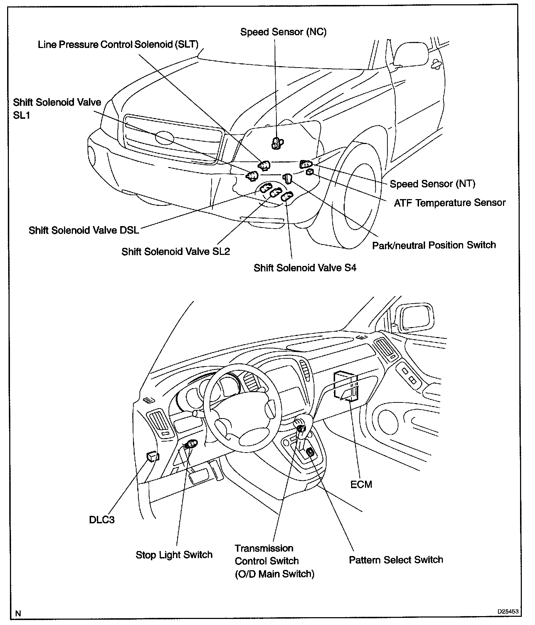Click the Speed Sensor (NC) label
283,32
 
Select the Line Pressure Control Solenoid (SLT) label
118,45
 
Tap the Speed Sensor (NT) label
432,184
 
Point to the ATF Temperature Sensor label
449,203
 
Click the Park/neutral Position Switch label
434,245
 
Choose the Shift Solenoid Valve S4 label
304,268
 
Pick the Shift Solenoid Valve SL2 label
175,252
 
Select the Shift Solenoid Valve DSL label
84,230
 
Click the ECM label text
361,485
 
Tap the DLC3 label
102,520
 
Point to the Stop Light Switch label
174,555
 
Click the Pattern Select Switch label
396,560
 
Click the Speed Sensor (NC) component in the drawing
277,143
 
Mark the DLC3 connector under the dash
153,456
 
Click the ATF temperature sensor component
309,172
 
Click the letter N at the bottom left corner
18,613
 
